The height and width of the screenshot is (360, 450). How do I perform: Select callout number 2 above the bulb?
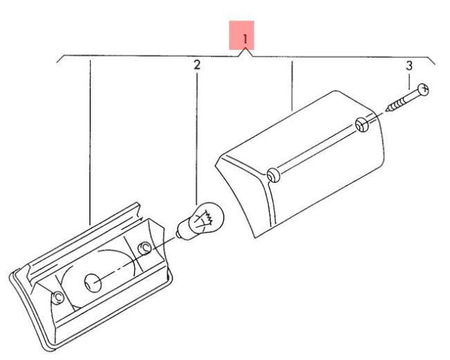(x=197, y=65)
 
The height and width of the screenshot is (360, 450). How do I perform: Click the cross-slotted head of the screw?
(x=423, y=89)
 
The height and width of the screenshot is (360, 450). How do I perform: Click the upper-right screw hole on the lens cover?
(x=361, y=126)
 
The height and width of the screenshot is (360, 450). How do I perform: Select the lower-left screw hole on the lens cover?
(x=273, y=174)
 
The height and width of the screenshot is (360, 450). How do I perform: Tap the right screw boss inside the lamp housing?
(x=145, y=249)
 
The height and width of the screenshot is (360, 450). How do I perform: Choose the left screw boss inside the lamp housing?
(x=58, y=299)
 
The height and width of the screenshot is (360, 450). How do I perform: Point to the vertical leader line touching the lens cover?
(x=292, y=84)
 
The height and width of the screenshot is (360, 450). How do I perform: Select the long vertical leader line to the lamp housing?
(x=90, y=141)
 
